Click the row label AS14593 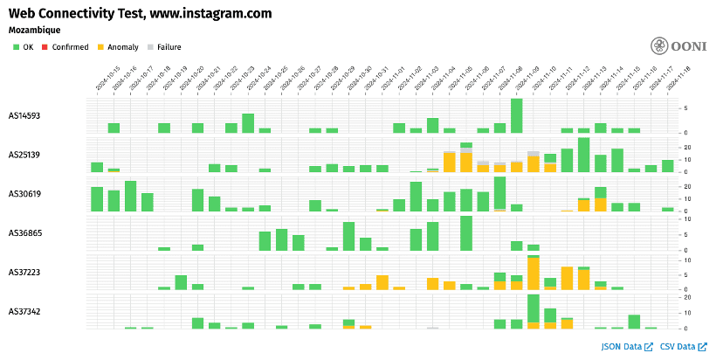pyautogui.click(x=24, y=115)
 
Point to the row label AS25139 pyautogui.click(x=24, y=155)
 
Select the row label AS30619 pyautogui.click(x=24, y=194)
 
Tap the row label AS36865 pyautogui.click(x=24, y=233)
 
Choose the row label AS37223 pyautogui.click(x=24, y=273)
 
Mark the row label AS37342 pyautogui.click(x=24, y=312)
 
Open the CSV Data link pyautogui.click(x=684, y=347)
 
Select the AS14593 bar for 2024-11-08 pyautogui.click(x=516, y=115)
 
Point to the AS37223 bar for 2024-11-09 pyautogui.click(x=533, y=273)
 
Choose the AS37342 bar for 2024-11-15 pyautogui.click(x=634, y=322)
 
